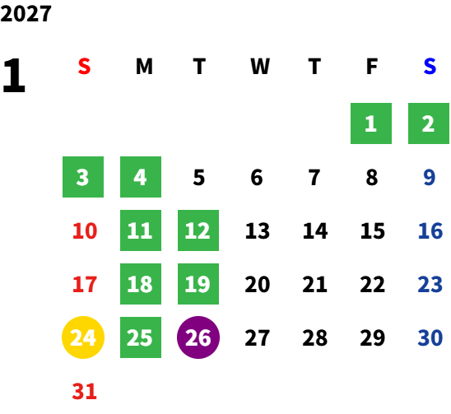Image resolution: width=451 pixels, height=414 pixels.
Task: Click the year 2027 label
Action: click(x=26, y=14)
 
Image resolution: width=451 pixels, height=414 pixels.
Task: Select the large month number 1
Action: click(x=14, y=75)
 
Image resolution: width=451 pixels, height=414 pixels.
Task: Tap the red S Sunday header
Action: click(x=84, y=67)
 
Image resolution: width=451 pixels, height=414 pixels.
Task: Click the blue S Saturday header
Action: click(x=430, y=67)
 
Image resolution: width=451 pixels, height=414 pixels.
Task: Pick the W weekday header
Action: click(x=260, y=67)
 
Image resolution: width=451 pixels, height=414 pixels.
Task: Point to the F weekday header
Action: click(x=372, y=67)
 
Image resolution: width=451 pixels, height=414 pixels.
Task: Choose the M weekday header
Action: click(x=144, y=67)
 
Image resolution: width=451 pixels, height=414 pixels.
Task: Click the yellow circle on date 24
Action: click(x=83, y=337)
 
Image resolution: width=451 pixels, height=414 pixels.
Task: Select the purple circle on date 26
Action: click(x=198, y=337)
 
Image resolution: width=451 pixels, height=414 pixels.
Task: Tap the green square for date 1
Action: click(x=371, y=123)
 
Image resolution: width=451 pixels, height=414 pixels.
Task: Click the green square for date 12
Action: click(x=198, y=230)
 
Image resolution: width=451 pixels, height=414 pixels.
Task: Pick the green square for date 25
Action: click(x=141, y=337)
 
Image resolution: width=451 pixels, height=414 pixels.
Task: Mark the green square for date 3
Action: click(x=83, y=177)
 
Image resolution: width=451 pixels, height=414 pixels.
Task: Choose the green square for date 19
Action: click(x=198, y=284)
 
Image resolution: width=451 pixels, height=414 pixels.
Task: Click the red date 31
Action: click(x=84, y=391)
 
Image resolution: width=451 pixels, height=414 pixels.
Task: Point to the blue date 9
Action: click(x=430, y=177)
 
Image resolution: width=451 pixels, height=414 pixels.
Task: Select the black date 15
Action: click(x=373, y=230)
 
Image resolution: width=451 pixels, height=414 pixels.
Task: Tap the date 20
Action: click(x=257, y=284)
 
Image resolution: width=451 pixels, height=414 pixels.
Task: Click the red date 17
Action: click(x=85, y=284)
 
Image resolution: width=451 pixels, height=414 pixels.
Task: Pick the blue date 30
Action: click(x=430, y=337)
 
